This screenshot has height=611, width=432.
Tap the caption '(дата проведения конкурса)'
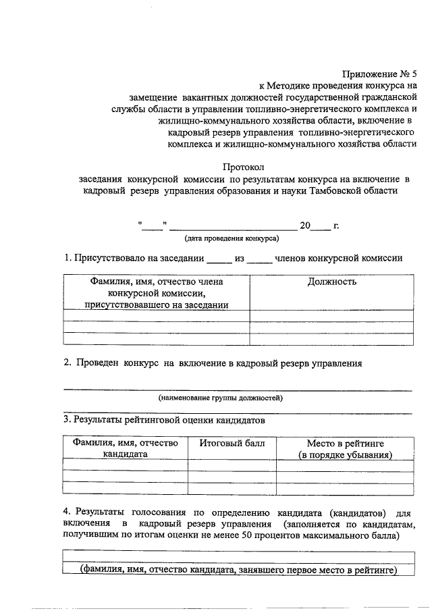pyautogui.click(x=232, y=238)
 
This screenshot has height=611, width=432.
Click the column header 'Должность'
pyautogui.click(x=331, y=282)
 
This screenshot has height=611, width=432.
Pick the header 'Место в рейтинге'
pyautogui.click(x=346, y=444)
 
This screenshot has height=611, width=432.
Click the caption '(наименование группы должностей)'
pyautogui.click(x=220, y=398)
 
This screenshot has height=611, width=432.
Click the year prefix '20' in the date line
pyautogui.click(x=305, y=225)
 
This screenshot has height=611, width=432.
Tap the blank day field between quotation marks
pyautogui.click(x=153, y=225)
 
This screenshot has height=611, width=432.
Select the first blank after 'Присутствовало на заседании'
pyautogui.click(x=218, y=258)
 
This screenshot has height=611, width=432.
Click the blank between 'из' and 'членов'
pyautogui.click(x=259, y=258)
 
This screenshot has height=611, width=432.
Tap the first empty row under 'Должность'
pyautogui.click(x=331, y=315)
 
